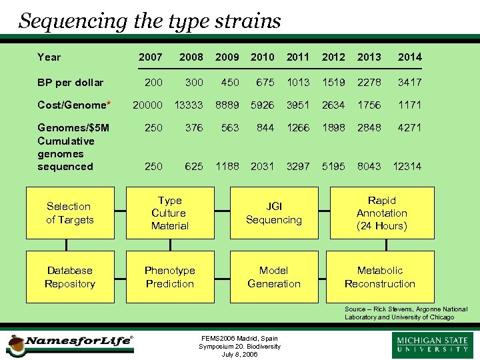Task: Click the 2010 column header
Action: click(x=262, y=57)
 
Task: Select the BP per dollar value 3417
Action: click(x=409, y=83)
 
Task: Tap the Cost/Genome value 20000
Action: click(x=147, y=105)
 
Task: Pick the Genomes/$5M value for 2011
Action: click(x=297, y=127)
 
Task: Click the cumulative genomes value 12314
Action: click(x=407, y=166)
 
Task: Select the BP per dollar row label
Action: click(x=70, y=83)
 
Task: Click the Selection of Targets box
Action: click(x=70, y=213)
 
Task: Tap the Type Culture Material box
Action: click(x=170, y=213)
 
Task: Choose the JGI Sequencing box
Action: click(x=274, y=213)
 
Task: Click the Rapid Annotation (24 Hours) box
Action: click(x=381, y=213)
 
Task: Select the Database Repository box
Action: click(x=70, y=277)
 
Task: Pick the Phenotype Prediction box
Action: click(x=170, y=277)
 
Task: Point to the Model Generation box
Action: click(x=274, y=277)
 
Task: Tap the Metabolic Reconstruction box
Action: click(x=380, y=277)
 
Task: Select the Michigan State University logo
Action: click(x=433, y=345)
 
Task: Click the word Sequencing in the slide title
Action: click(x=74, y=21)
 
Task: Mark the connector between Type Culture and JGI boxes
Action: click(x=221, y=213)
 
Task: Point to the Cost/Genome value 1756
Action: click(x=369, y=105)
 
